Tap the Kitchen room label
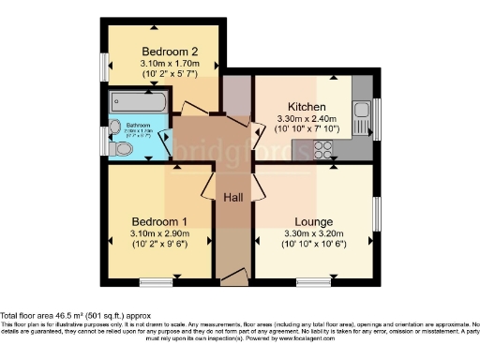pyautogui.click(x=307, y=107)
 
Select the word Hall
pyautogui.click(x=233, y=198)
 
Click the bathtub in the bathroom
pyautogui.click(x=137, y=101)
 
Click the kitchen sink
pyautogui.click(x=361, y=117)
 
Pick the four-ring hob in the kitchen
pyautogui.click(x=325, y=147)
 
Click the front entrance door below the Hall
pyautogui.click(x=232, y=277)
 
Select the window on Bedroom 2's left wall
pyautogui.click(x=105, y=66)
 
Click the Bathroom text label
pyautogui.click(x=139, y=124)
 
